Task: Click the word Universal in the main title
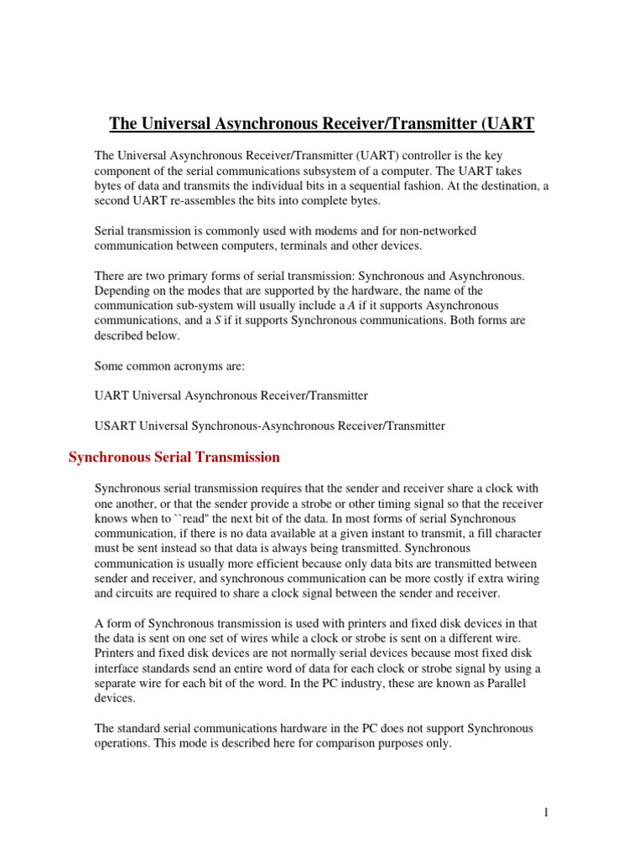[173, 125]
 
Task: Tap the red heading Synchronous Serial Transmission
[174, 457]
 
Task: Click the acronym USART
[116, 426]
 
